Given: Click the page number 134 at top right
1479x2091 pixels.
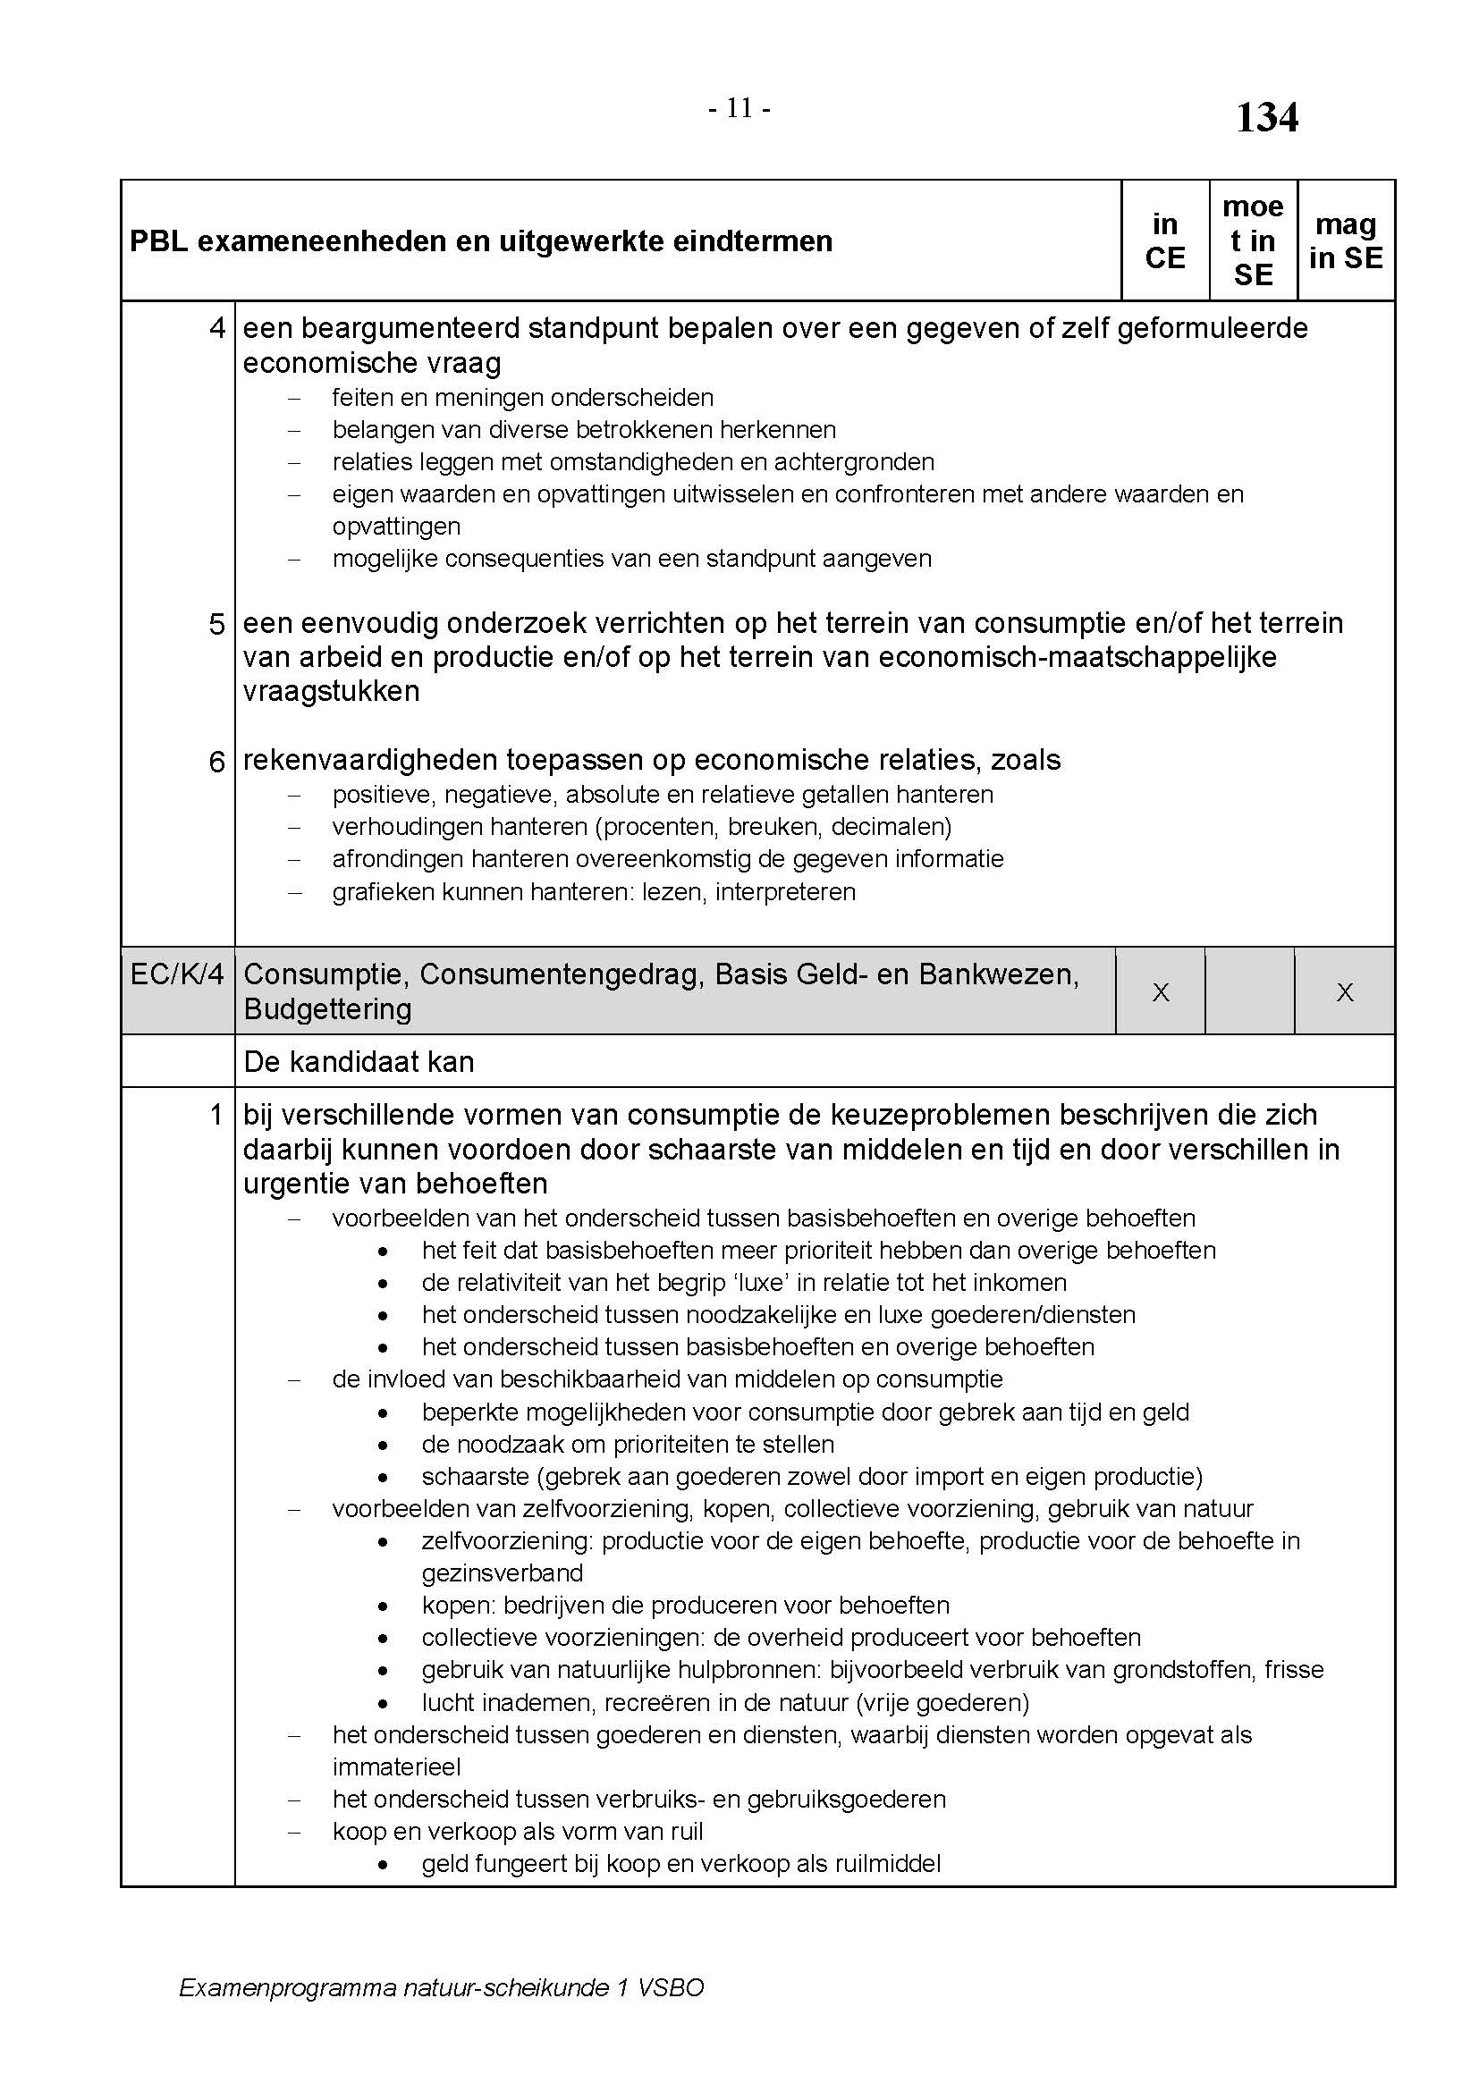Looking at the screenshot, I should click(1266, 117).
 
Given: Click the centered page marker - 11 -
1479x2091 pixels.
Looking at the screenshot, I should click(739, 109).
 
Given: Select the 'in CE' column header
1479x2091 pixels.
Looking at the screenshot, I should click(1165, 241).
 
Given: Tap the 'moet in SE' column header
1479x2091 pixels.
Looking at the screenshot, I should click(1253, 241).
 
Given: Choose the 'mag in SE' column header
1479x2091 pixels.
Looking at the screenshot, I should click(1345, 241).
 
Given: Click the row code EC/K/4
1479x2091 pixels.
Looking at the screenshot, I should click(177, 974).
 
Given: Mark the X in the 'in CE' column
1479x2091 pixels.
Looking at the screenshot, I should click(1161, 992).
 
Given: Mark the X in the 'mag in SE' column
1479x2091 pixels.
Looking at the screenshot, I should click(1344, 992).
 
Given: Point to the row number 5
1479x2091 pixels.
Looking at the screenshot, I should click(216, 625).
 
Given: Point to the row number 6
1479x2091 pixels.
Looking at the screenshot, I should click(216, 763).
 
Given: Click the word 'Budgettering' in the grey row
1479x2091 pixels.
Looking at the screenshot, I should click(327, 1009).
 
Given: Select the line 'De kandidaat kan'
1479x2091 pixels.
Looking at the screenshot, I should click(359, 1062).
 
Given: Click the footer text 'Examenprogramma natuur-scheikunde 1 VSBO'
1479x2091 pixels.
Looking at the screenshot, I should click(442, 1987).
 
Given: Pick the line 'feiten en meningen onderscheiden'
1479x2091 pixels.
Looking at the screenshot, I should click(523, 398).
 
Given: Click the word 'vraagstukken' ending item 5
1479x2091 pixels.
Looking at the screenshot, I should click(331, 691).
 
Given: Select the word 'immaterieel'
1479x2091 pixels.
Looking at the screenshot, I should click(396, 1766).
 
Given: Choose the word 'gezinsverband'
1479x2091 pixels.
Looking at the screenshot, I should click(502, 1572).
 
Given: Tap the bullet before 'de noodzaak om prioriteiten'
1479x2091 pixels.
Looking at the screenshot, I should click(385, 1446).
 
